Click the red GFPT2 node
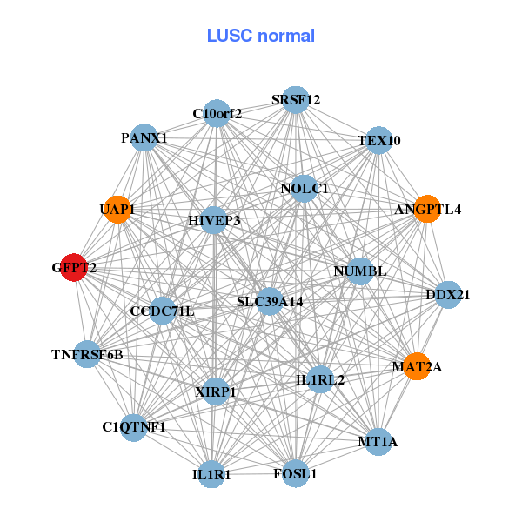74,269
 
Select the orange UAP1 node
117,210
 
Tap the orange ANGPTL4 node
426,210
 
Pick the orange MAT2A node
417,366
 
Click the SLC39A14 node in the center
270,302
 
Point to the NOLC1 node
304,189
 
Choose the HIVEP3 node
214,221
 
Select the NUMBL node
359,271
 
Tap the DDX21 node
448,295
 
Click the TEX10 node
378,141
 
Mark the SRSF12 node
296,100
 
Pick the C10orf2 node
217,113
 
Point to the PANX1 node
144,137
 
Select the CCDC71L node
163,311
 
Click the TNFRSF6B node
87,354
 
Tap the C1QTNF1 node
133,427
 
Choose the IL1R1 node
212,475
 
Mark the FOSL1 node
295,474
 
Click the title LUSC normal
260,36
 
